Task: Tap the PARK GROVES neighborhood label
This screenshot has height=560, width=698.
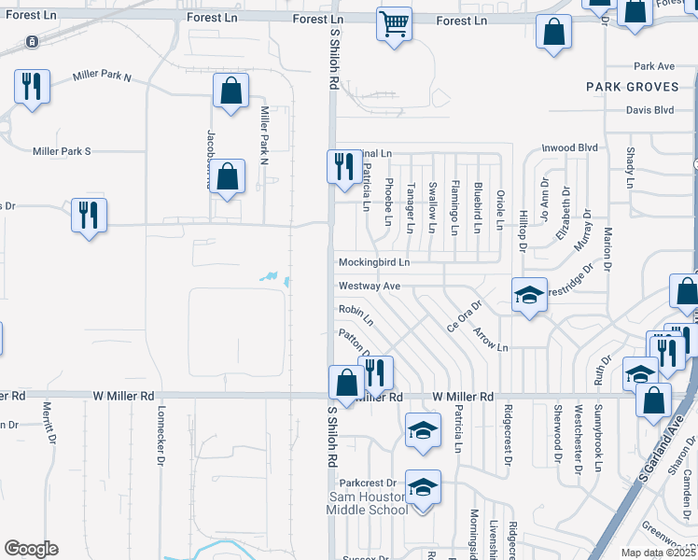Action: pos(629,86)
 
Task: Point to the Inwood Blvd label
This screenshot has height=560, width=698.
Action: pos(569,147)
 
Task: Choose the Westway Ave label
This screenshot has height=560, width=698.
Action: pos(369,286)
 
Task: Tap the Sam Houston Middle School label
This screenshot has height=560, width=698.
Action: pos(367,504)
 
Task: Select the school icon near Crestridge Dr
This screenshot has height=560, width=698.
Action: pos(529,296)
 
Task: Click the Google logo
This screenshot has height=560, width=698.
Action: pos(31,549)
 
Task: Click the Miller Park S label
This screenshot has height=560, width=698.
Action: pos(62,151)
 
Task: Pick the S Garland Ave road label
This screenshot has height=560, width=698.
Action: pos(657,454)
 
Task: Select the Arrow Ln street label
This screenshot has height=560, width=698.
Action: pos(490,338)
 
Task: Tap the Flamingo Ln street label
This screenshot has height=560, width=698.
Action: pos(454,206)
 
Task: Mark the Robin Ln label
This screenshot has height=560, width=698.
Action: pos(356,315)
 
